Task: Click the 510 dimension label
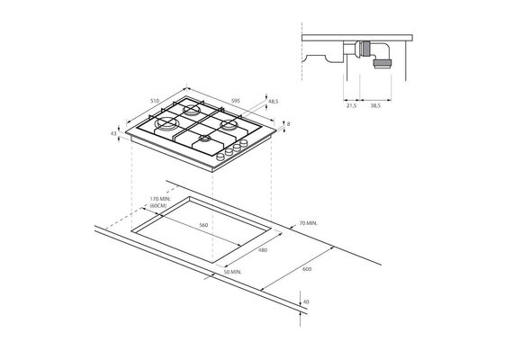coord(155,101)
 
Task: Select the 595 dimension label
coord(236,101)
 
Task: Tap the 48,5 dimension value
coord(274,102)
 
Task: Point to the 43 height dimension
coord(113,133)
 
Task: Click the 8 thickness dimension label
coord(288,124)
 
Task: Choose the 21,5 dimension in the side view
coord(351,105)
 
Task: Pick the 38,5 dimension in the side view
coord(375,105)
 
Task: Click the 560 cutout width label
coord(203,225)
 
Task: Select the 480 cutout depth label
coord(263,250)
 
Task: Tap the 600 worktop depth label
coord(307,269)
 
